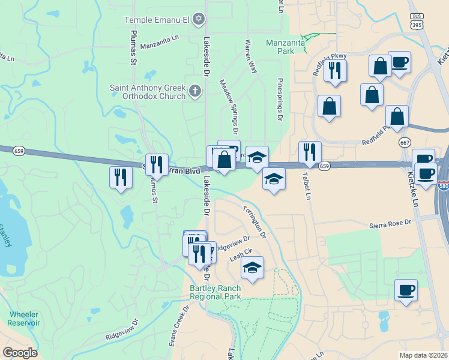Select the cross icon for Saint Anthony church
[x=194, y=92]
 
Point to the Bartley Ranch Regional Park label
[x=215, y=292]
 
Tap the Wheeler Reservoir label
[x=23, y=319]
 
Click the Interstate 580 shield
[x=443, y=186]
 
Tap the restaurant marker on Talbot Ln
[x=310, y=152]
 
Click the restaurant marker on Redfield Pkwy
[x=335, y=70]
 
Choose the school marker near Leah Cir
[x=253, y=268]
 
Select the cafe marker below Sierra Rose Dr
[x=406, y=291]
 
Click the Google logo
[x=20, y=353]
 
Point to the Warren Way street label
[x=251, y=56]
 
